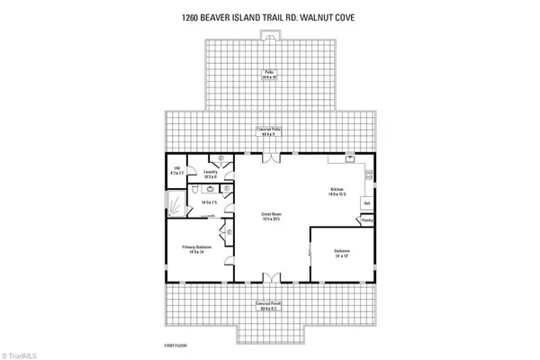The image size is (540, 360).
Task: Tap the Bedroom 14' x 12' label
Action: (x=340, y=253)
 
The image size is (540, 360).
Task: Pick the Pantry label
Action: (x=368, y=219)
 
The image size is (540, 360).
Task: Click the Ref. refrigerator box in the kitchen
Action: (x=367, y=203)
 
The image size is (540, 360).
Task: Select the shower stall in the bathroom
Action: (x=176, y=200)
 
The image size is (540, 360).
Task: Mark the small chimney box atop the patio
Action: (x=270, y=35)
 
